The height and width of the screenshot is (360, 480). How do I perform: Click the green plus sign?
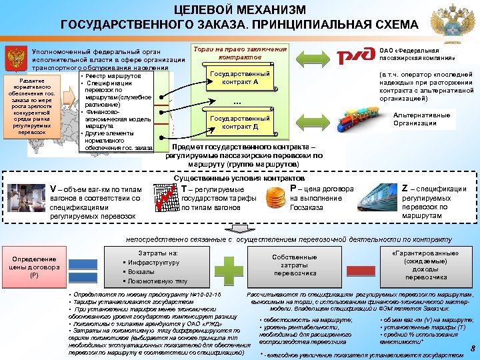(x=233, y=267)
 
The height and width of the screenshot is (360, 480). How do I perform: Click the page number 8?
(x=472, y=348)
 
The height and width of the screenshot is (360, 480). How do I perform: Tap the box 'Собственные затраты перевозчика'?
(x=295, y=265)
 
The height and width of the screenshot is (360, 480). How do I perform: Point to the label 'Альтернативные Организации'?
(x=421, y=119)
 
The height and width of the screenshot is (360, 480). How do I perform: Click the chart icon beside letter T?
(x=166, y=197)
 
